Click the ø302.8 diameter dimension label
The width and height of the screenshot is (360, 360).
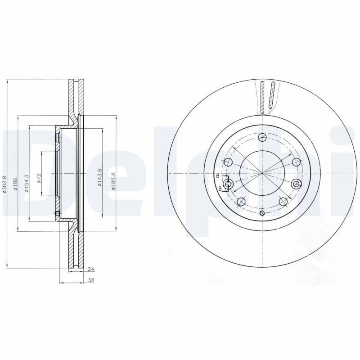click(4, 184)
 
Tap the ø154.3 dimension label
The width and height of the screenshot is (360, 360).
click(27, 184)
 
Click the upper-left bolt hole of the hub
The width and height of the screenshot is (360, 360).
click(228, 162)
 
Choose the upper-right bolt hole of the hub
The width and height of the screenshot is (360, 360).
click(296, 162)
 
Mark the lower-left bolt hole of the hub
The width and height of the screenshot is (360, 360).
click(241, 201)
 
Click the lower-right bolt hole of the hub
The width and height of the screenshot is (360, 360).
click(283, 201)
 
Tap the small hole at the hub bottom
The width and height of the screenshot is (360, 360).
click(262, 213)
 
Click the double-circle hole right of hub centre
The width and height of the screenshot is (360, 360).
click(296, 184)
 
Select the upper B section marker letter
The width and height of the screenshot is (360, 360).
click(217, 175)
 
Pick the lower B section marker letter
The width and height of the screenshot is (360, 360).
click(220, 189)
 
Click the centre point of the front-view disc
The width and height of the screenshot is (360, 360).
click(262, 173)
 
